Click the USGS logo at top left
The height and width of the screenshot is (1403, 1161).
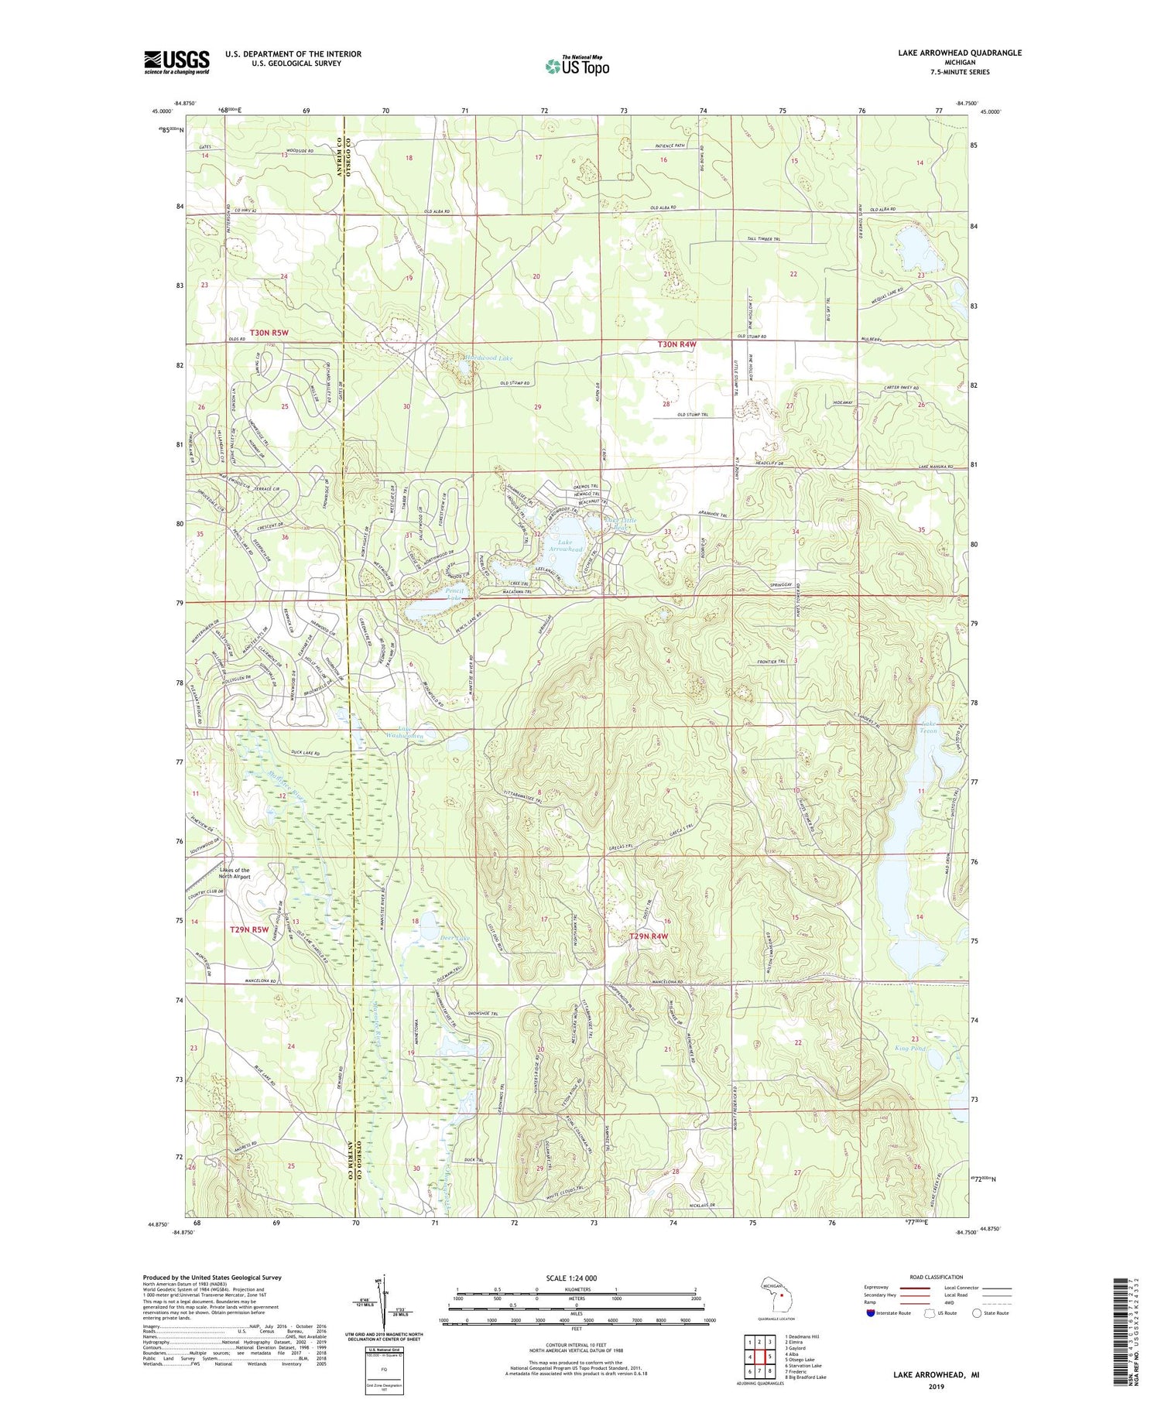(x=176, y=62)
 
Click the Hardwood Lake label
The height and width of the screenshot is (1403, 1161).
(x=488, y=358)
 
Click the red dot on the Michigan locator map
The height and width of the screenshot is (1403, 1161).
(x=782, y=1293)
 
